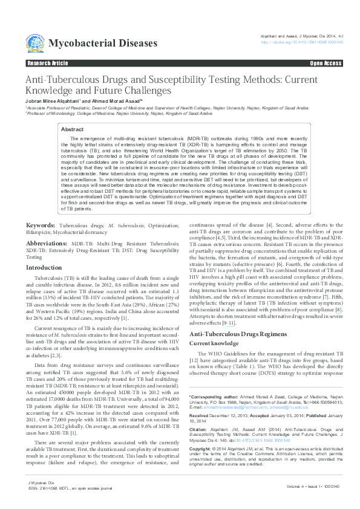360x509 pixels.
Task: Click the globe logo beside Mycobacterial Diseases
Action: (x=35, y=43)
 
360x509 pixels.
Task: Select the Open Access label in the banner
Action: (x=326, y=63)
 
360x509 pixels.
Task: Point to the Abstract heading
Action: (x=73, y=129)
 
